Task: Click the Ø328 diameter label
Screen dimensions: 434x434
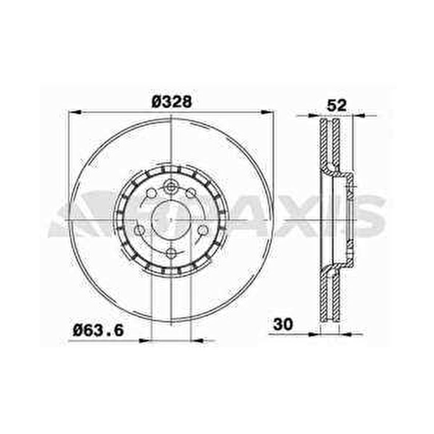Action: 171,102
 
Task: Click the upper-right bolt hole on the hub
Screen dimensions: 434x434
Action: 191,192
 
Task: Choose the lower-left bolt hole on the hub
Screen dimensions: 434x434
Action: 139,231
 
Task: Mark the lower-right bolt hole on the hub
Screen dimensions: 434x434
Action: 202,230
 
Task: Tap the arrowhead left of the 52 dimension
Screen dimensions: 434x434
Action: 315,116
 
